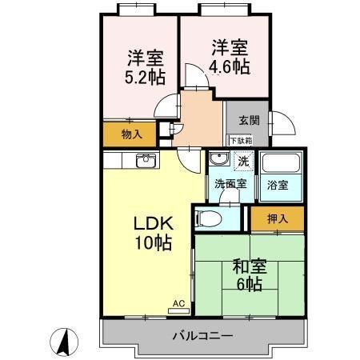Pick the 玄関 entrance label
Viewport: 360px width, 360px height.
pos(248,121)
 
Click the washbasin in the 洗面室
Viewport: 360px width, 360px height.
pos(218,161)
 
